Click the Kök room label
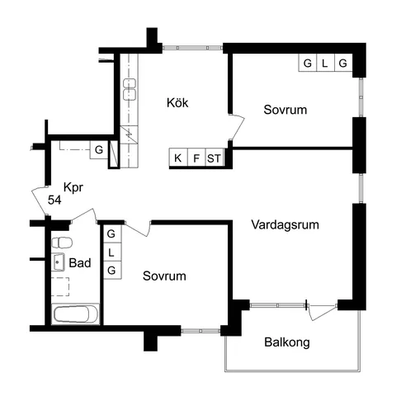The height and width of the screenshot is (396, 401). click(x=177, y=103)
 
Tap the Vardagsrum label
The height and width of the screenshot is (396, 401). click(x=285, y=224)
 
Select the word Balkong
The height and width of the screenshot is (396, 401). click(x=286, y=342)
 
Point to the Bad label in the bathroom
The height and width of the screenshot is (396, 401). click(x=80, y=265)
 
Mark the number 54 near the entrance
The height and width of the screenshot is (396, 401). click(x=54, y=200)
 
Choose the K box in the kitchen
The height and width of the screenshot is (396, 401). click(x=177, y=158)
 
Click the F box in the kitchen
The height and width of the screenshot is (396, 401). click(x=196, y=158)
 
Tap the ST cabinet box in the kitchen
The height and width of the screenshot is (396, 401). click(x=215, y=158)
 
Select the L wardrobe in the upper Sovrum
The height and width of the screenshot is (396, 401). click(x=325, y=64)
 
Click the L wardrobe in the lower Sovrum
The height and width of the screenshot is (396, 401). click(x=111, y=252)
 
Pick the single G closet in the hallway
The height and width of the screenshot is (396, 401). click(x=98, y=150)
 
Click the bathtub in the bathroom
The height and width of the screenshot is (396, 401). click(x=75, y=314)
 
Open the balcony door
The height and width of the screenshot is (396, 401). click(x=320, y=310)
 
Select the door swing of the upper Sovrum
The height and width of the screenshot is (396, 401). click(x=238, y=128)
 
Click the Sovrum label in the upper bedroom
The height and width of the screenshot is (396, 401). click(x=285, y=110)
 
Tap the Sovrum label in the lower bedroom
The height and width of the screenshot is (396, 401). click(x=163, y=276)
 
